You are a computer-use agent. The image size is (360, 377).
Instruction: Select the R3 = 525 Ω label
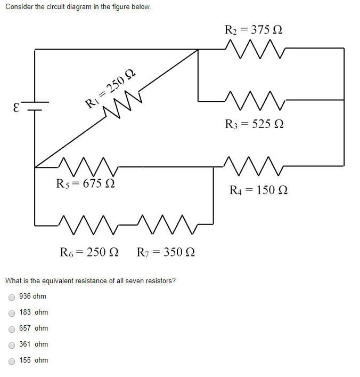[x=254, y=124]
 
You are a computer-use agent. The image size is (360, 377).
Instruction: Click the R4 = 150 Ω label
[x=258, y=190]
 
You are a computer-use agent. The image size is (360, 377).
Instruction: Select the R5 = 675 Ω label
[x=85, y=184]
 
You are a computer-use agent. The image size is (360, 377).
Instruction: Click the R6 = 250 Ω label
[x=89, y=252]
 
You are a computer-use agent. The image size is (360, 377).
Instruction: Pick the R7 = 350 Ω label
[x=166, y=252]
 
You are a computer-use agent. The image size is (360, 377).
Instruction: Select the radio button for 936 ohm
[x=12, y=297]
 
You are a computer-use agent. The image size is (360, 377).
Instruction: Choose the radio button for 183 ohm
[x=12, y=313]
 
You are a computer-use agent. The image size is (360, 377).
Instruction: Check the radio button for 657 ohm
[x=12, y=329]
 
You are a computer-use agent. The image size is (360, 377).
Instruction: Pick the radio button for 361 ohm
[x=12, y=345]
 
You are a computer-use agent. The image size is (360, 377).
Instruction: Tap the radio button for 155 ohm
[x=12, y=361]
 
